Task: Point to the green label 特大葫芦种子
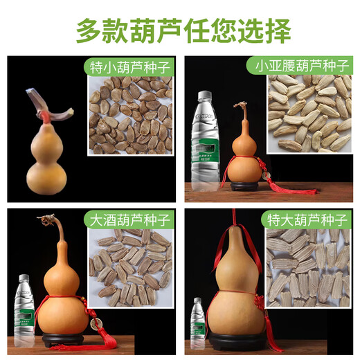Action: pyautogui.click(x=307, y=220)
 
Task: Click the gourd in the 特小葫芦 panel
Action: pyautogui.click(x=48, y=149)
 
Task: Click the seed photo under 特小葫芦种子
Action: pyautogui.click(x=132, y=118)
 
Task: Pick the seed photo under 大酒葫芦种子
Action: pyautogui.click(x=132, y=267)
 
